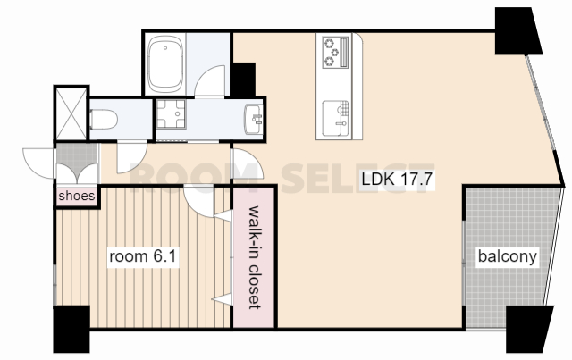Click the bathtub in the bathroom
click(x=165, y=64)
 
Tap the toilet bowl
click(x=104, y=120)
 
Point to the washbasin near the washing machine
click(x=254, y=120)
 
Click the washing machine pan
click(x=171, y=113)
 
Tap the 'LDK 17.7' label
click(x=397, y=179)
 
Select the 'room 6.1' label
click(x=143, y=256)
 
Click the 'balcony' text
click(x=508, y=256)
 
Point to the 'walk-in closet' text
click(x=254, y=257)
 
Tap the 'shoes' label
click(x=77, y=196)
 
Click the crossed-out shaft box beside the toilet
click(x=71, y=113)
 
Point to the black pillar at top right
click(x=517, y=31)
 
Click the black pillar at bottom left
click(x=71, y=330)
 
